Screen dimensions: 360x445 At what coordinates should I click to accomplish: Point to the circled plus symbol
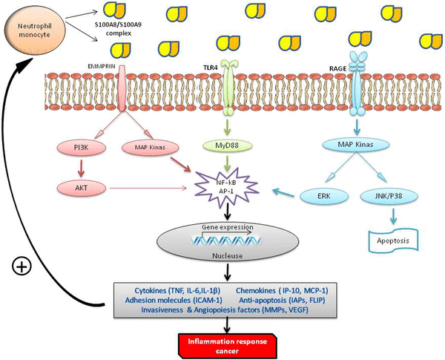coord(23,265)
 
